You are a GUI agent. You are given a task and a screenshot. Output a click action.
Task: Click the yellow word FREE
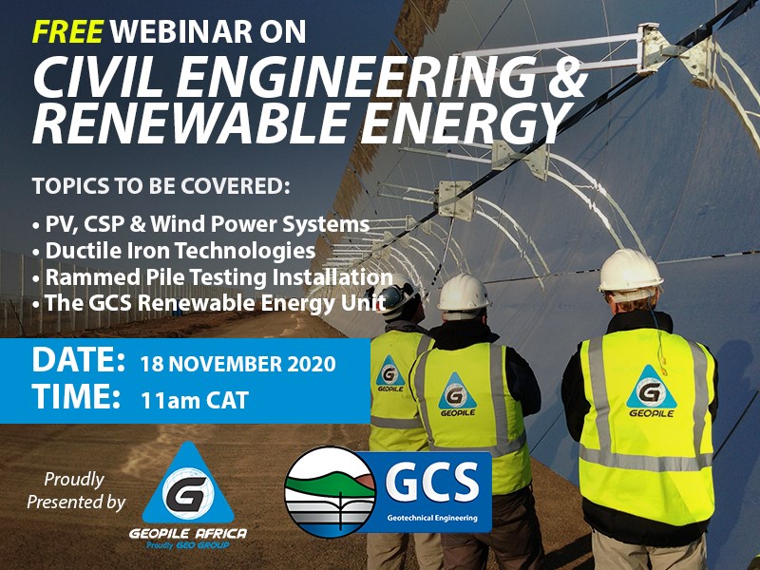click(67, 31)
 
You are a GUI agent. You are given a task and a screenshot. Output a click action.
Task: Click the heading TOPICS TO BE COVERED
click(161, 186)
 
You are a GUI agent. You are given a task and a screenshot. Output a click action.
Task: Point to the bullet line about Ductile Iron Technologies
click(174, 251)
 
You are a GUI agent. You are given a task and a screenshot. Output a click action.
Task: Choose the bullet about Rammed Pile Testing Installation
click(212, 277)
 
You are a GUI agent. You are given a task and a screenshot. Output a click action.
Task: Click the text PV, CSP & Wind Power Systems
click(200, 224)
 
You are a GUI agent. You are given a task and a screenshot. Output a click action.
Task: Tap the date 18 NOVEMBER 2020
click(237, 364)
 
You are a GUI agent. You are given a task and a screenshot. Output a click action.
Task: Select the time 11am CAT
click(195, 400)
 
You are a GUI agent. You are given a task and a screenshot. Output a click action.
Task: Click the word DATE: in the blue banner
click(79, 361)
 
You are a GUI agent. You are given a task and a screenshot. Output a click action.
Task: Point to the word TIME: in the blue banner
click(76, 396)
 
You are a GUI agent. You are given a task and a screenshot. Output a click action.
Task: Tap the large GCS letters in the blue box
click(432, 482)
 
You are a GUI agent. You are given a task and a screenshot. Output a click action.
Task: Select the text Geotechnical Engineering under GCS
click(432, 518)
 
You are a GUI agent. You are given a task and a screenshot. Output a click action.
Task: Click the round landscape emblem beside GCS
click(330, 491)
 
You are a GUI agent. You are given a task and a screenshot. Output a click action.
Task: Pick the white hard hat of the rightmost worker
click(629, 271)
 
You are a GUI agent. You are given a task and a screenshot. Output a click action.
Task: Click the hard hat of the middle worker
click(464, 293)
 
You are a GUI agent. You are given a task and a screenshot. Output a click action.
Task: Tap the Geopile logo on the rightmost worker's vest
click(651, 391)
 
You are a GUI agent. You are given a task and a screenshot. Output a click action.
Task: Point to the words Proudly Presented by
click(76, 491)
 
